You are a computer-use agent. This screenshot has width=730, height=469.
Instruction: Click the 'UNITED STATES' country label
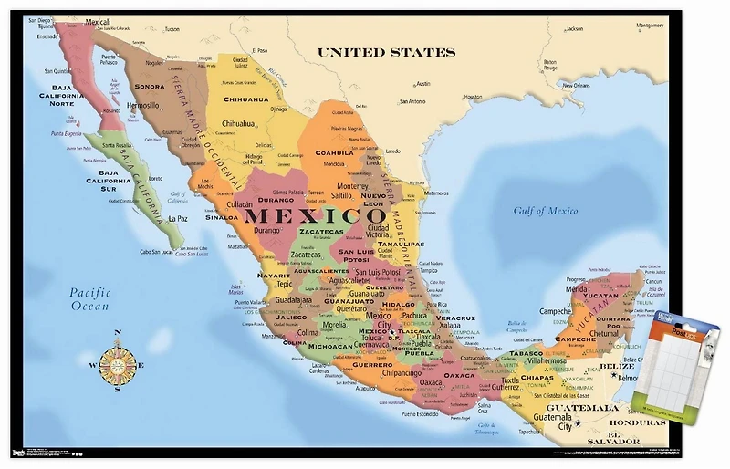click(x=385, y=53)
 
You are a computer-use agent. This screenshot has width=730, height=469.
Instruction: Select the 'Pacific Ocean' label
click(x=89, y=299)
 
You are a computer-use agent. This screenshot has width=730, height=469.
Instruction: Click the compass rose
click(x=117, y=362)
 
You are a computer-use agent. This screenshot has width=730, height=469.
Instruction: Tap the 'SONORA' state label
click(x=150, y=87)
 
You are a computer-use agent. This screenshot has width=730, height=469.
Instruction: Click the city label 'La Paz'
click(x=177, y=218)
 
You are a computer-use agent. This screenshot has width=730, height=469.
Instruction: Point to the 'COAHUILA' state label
click(x=334, y=152)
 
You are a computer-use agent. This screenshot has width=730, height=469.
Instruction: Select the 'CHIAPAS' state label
click(x=537, y=377)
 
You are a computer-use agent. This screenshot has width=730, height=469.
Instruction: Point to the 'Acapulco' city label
click(x=365, y=387)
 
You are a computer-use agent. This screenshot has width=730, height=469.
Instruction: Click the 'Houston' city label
click(x=473, y=97)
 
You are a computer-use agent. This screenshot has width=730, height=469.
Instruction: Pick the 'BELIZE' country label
click(x=623, y=366)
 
